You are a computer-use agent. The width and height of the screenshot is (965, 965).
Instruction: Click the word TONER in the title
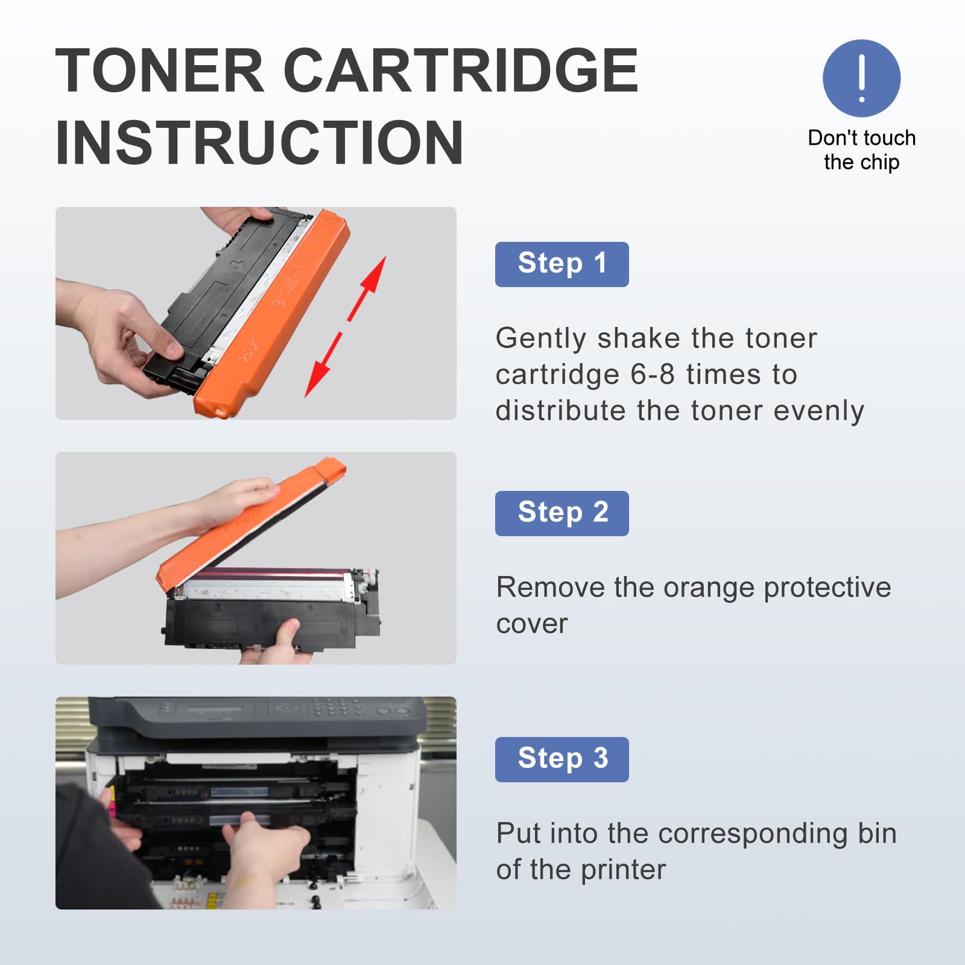click(x=160, y=71)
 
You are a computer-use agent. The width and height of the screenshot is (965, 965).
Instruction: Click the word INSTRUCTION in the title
click(x=259, y=142)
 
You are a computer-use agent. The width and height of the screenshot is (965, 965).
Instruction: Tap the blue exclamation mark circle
click(x=861, y=78)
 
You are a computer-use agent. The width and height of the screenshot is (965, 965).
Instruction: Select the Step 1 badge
click(x=562, y=264)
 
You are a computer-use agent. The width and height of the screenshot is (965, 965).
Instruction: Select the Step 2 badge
click(x=562, y=513)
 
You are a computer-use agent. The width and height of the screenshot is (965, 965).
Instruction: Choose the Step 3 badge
click(x=562, y=759)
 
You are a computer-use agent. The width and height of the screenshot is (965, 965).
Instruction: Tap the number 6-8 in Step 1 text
click(x=653, y=375)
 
